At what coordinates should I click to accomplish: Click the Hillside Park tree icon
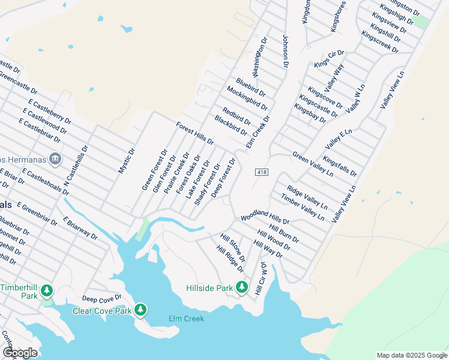(241, 288)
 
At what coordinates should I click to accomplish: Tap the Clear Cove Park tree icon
(140, 310)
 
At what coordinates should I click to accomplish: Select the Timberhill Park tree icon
(47, 292)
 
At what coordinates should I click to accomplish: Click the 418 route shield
(262, 172)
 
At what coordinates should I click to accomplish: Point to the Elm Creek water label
(186, 319)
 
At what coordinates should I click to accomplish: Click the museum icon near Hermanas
(55, 158)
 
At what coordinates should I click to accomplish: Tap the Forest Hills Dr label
(194, 134)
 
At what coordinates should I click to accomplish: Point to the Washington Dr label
(259, 57)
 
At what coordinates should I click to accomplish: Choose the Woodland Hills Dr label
(265, 217)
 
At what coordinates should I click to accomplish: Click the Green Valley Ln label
(312, 164)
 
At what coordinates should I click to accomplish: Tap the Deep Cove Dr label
(101, 298)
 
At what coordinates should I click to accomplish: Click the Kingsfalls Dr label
(339, 166)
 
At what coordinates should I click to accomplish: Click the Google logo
(19, 352)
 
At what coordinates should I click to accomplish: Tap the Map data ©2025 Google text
(411, 355)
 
